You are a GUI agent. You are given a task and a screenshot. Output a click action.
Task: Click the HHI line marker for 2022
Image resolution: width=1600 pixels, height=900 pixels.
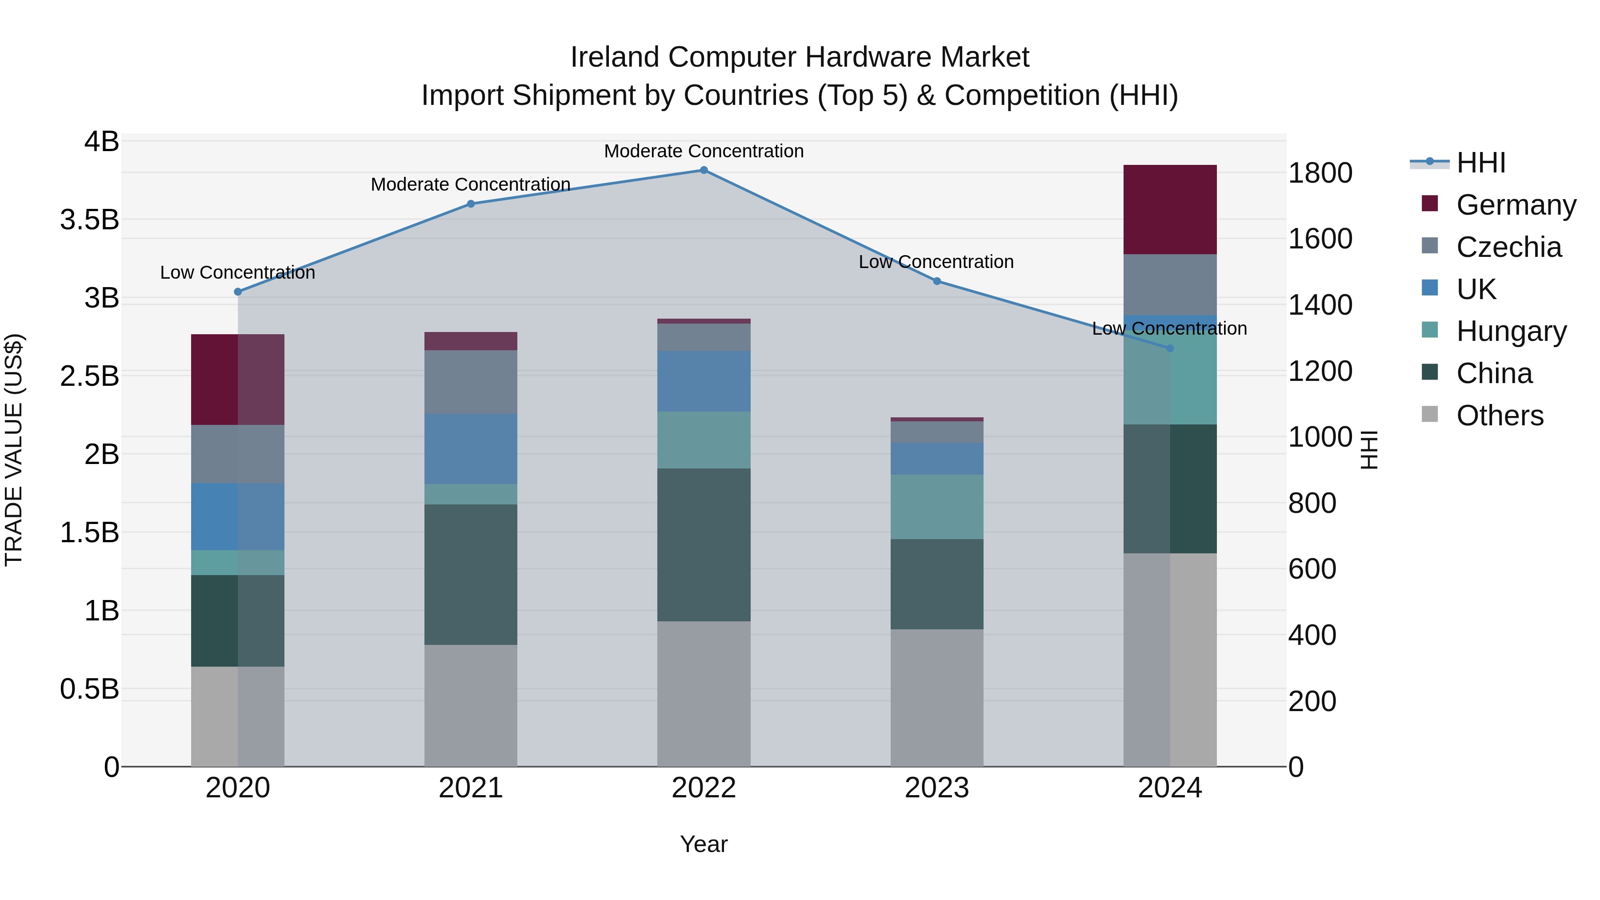click(704, 170)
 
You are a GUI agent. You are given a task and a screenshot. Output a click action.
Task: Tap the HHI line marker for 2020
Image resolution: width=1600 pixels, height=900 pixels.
click(238, 292)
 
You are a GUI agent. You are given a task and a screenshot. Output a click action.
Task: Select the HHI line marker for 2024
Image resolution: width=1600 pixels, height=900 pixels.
click(1170, 348)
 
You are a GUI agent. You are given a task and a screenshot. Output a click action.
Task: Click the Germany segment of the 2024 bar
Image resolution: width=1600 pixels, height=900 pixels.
click(1170, 210)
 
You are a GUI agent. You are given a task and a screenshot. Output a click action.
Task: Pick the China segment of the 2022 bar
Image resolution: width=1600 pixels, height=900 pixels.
click(704, 545)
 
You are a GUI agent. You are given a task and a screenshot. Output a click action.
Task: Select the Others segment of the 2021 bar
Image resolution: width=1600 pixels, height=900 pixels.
click(471, 706)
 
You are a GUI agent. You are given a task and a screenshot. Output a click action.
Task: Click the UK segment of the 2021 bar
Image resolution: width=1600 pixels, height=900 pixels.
click(471, 448)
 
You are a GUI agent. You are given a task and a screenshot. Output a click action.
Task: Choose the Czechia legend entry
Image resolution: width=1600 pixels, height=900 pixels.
click(1508, 247)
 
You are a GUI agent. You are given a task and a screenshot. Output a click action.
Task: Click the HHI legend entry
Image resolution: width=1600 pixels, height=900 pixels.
click(1481, 163)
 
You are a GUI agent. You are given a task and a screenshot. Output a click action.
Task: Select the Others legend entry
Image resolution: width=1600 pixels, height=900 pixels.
click(1500, 416)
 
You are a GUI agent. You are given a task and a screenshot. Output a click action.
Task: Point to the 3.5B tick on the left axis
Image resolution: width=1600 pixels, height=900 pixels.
click(89, 220)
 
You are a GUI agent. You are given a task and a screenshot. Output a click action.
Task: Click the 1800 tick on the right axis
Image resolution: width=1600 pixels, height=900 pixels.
click(1320, 173)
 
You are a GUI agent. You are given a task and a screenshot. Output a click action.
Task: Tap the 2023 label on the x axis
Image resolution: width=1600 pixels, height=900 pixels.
click(936, 788)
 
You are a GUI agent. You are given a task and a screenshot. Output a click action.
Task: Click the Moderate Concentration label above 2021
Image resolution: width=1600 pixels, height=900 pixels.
click(471, 184)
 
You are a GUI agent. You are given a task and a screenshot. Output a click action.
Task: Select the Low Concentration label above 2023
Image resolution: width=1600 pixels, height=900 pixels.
click(936, 262)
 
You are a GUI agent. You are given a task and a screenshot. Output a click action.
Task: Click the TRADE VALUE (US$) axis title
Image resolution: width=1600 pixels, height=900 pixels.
click(14, 450)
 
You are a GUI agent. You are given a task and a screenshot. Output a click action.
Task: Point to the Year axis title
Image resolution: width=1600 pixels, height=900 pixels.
click(704, 844)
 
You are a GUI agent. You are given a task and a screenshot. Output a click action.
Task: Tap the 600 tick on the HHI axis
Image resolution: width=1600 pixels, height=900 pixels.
click(1312, 569)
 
